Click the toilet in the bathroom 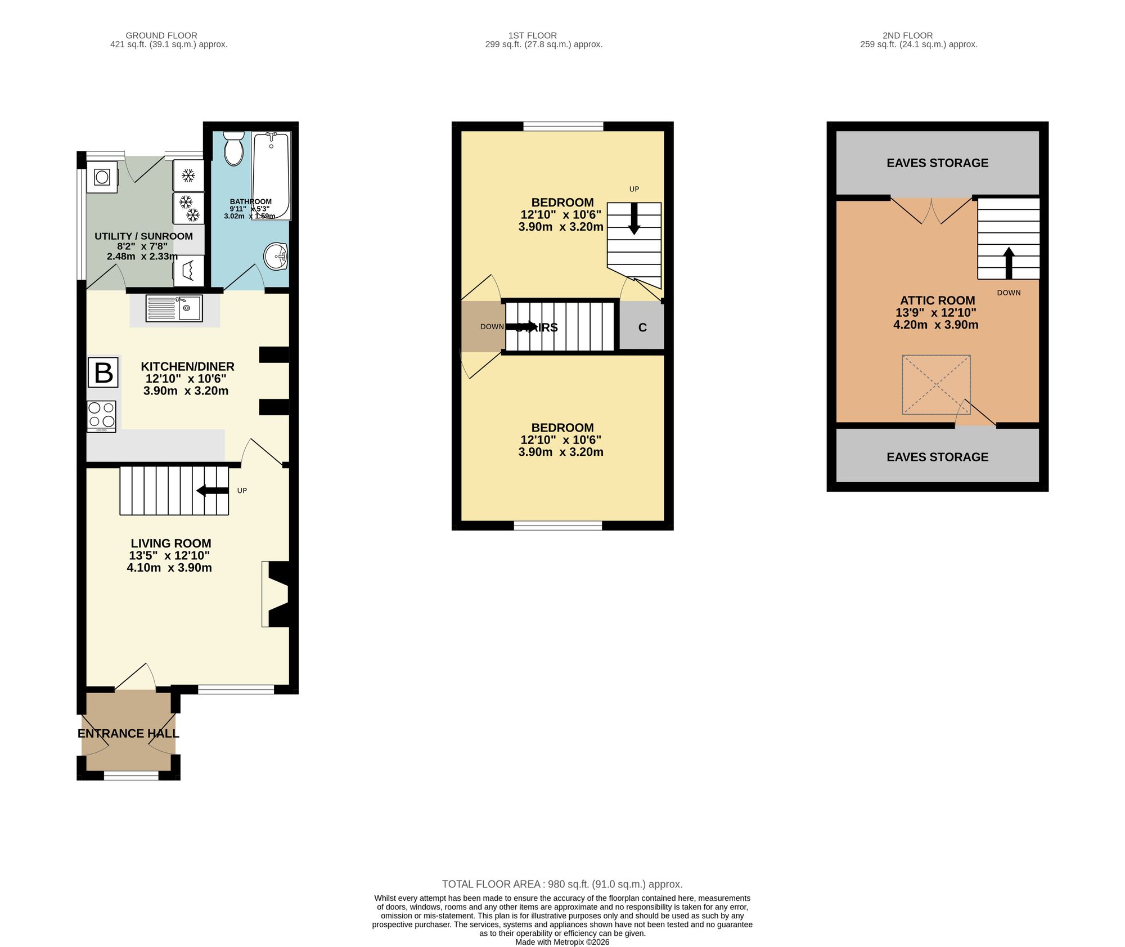[x=233, y=149]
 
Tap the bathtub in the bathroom [x=271, y=176]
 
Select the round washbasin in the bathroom [x=276, y=257]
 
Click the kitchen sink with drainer [x=174, y=308]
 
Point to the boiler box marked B [x=103, y=372]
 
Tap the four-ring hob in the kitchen [x=102, y=416]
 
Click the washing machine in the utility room [x=102, y=177]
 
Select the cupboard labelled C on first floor [x=642, y=327]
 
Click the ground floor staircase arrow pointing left [x=211, y=491]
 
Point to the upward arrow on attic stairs [x=1009, y=263]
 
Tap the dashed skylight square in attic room [x=936, y=384]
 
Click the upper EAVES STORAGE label [x=937, y=163]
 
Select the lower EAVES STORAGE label [x=937, y=457]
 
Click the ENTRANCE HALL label [x=128, y=733]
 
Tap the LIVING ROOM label [x=171, y=543]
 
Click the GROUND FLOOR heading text [x=161, y=35]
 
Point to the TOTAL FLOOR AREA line [x=562, y=884]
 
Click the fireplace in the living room [x=277, y=594]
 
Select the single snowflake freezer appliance [x=188, y=176]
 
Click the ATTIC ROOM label [x=937, y=300]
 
